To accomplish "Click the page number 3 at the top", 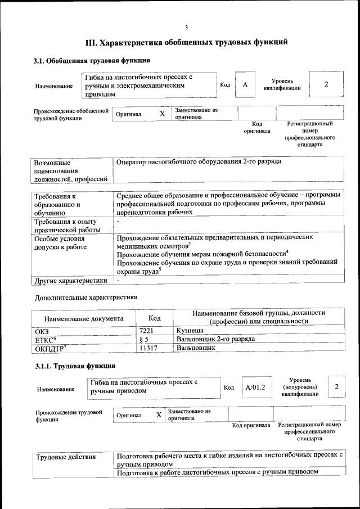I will click(186, 28).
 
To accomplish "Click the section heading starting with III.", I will click(186, 42).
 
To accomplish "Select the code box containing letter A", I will click(245, 84).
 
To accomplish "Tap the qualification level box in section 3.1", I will click(326, 84).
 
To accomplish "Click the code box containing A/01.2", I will click(255, 387).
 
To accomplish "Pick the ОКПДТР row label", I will click(51, 348).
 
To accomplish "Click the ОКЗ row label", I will click(42, 331).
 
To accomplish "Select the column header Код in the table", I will click(154, 318).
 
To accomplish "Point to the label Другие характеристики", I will click(71, 280).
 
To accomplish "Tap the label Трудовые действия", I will click(66, 457).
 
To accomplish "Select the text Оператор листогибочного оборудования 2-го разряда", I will click(199, 162).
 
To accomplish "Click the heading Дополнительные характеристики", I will click(86, 297).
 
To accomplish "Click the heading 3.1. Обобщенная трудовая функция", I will click(92, 61).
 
